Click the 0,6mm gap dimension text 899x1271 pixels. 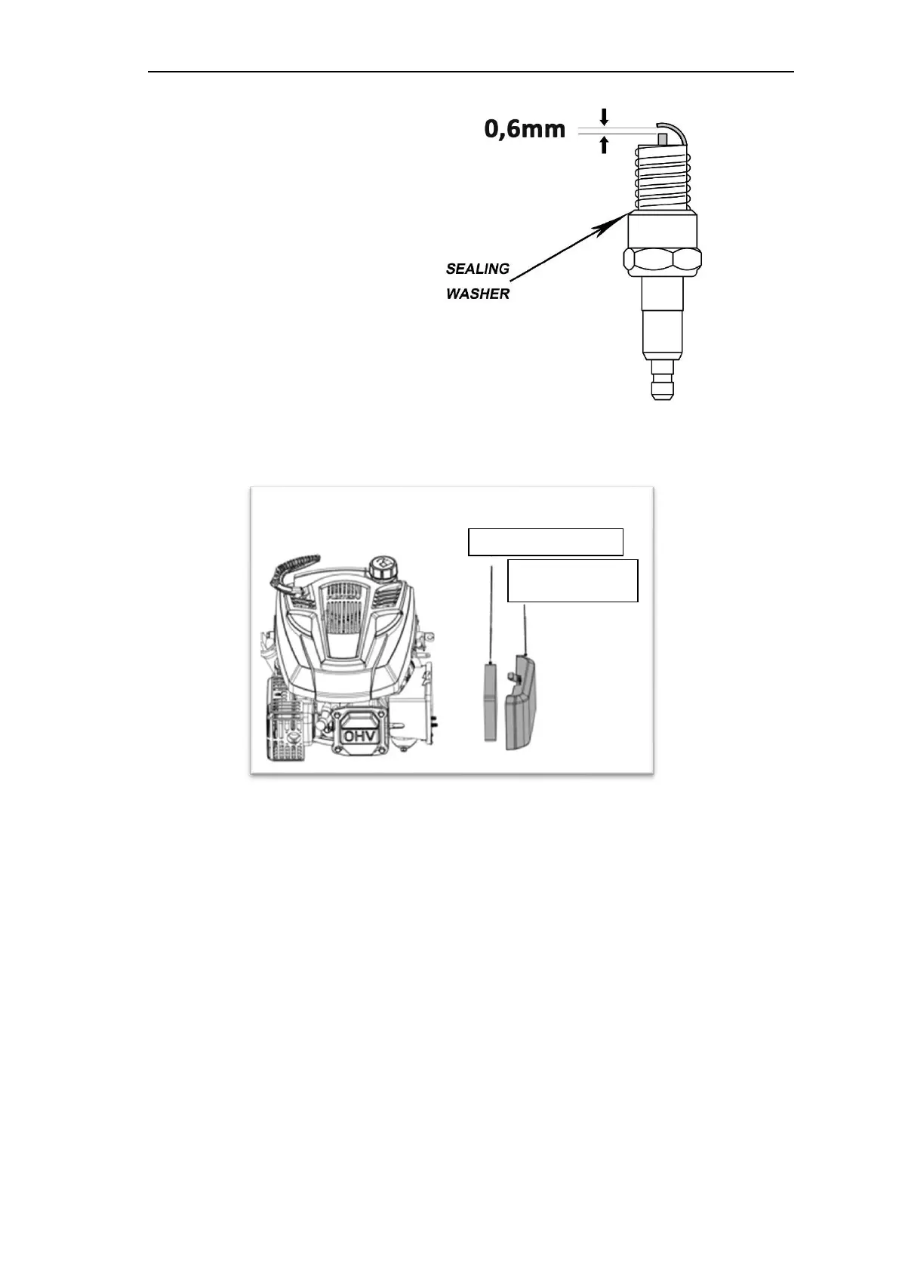tap(525, 130)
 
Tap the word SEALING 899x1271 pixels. tap(477, 269)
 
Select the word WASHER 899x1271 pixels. tap(477, 294)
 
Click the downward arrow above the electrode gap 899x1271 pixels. tap(603, 117)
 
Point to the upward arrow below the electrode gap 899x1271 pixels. tap(603, 145)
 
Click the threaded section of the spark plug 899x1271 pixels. tap(663, 177)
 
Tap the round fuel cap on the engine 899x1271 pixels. tap(381, 565)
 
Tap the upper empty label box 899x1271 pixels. tap(545, 542)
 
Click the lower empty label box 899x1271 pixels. tap(573, 580)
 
